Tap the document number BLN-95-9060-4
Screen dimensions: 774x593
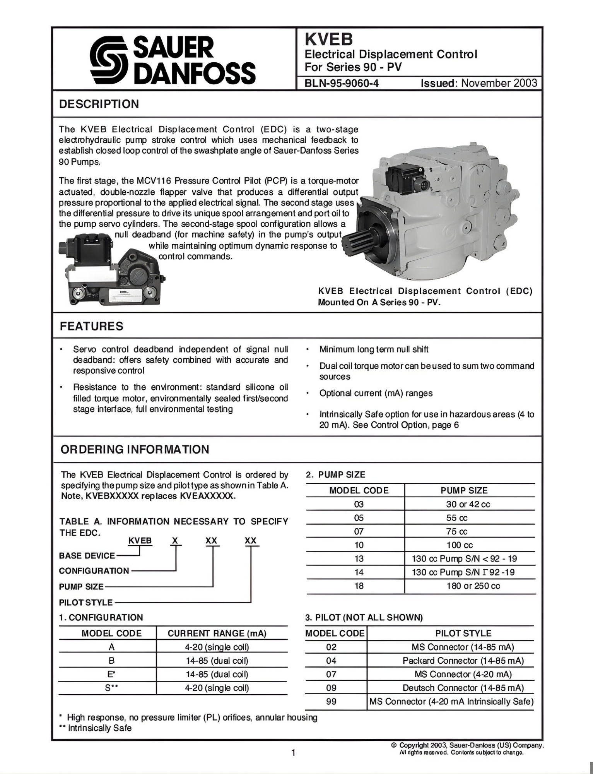tap(342, 84)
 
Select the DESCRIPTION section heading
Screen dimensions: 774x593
tap(99, 104)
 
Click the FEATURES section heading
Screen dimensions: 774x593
tap(91, 326)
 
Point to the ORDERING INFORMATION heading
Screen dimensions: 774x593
tap(135, 449)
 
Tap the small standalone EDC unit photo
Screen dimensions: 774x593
tap(112, 270)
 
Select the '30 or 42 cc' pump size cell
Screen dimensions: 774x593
tap(468, 504)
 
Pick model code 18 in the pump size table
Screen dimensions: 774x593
tap(359, 586)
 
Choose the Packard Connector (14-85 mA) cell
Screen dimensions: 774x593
tap(463, 661)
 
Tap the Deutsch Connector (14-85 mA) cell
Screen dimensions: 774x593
tap(463, 688)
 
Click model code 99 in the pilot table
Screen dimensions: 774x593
tap(331, 701)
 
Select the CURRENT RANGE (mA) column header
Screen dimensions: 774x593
tap(217, 634)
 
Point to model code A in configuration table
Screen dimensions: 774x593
tap(111, 647)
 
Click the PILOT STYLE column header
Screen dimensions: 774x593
tap(463, 634)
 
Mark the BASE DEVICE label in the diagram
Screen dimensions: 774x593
tap(87, 556)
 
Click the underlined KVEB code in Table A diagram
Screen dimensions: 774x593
tap(140, 541)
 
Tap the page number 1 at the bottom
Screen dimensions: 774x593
tap(293, 753)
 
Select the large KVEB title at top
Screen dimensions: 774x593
tap(329, 39)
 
